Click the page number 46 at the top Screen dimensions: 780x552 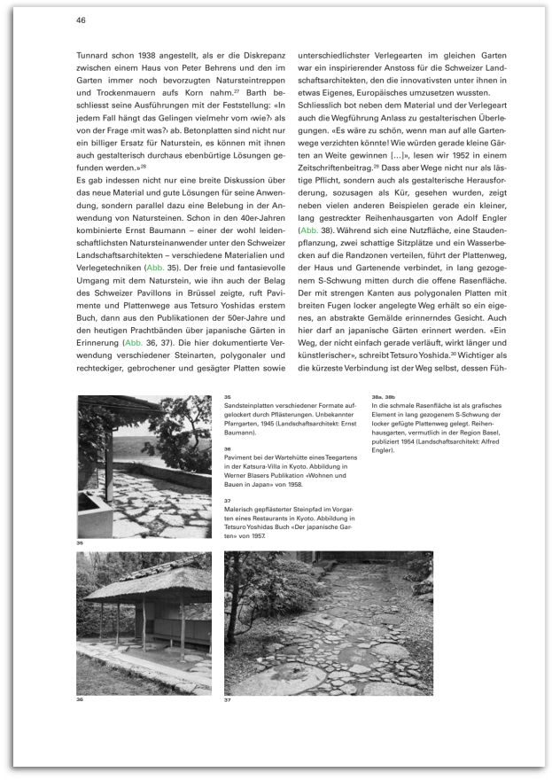(81, 19)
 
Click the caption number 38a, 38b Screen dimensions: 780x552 (382, 396)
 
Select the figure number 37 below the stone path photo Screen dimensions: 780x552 (228, 699)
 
